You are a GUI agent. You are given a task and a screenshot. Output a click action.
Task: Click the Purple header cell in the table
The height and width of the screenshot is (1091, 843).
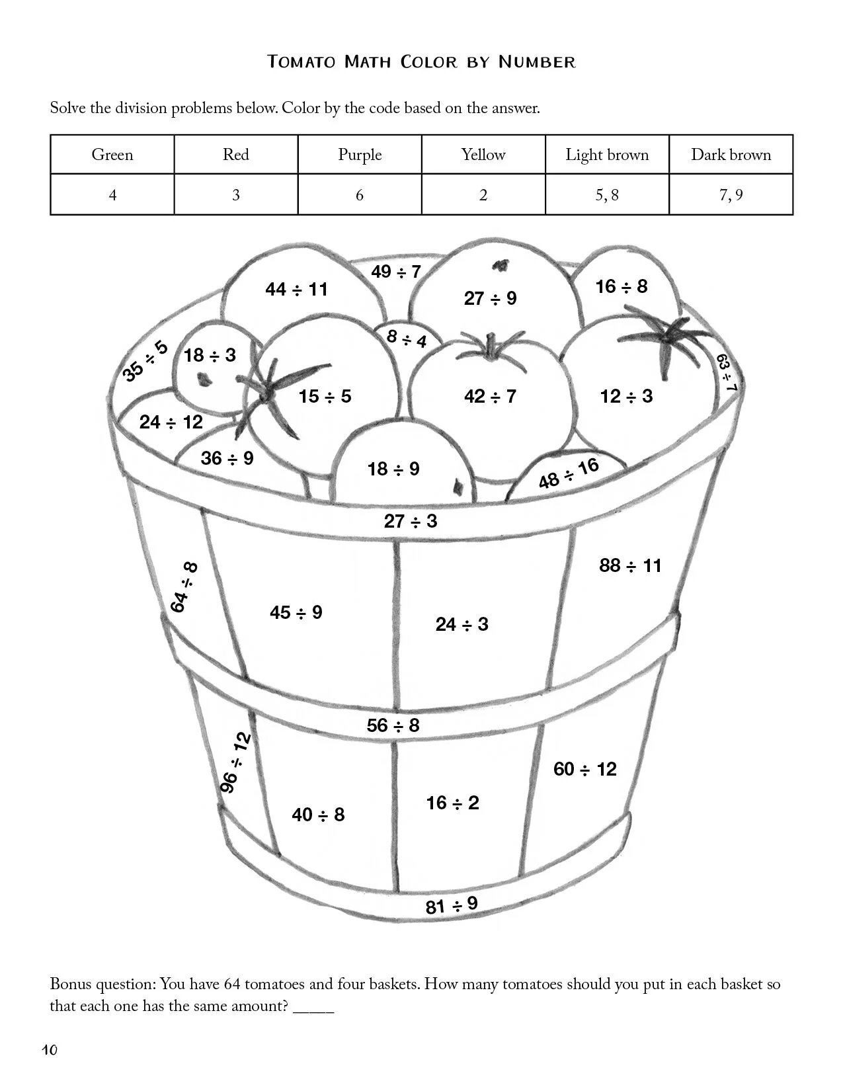[360, 155]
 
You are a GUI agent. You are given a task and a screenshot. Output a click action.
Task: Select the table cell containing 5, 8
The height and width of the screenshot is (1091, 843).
[606, 195]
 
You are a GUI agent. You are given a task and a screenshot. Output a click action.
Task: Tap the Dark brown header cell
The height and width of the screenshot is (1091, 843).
[731, 155]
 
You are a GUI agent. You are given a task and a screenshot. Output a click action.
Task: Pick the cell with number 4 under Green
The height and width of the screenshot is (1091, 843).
[112, 195]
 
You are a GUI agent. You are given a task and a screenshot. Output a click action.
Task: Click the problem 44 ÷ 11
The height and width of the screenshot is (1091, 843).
[296, 290]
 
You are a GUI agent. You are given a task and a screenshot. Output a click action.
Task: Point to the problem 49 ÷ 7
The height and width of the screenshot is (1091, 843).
[395, 272]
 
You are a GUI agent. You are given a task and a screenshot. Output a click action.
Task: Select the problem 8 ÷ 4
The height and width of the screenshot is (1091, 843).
[407, 339]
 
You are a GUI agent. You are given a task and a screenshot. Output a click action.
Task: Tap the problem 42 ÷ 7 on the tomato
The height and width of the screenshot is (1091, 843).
[490, 397]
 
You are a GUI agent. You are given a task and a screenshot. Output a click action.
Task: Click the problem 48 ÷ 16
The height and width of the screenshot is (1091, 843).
[568, 473]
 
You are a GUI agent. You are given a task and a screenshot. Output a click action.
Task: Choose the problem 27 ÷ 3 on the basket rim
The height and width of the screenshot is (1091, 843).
[411, 521]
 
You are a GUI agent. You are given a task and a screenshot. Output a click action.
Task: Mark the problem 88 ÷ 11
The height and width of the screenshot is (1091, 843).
[630, 566]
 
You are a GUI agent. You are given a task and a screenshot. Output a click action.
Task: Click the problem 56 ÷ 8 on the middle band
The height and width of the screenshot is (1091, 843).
[393, 726]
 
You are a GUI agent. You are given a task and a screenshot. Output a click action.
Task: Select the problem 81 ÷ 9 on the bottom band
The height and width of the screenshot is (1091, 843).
[452, 905]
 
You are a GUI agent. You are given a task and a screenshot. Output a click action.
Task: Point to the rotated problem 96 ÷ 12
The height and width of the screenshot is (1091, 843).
[235, 762]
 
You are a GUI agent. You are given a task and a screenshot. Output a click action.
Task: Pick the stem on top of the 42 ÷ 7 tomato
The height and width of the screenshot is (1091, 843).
[489, 348]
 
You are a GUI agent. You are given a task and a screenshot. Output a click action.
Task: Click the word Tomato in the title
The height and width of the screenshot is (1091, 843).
[301, 62]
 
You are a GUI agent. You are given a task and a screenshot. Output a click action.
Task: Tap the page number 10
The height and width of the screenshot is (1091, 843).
[50, 1050]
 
